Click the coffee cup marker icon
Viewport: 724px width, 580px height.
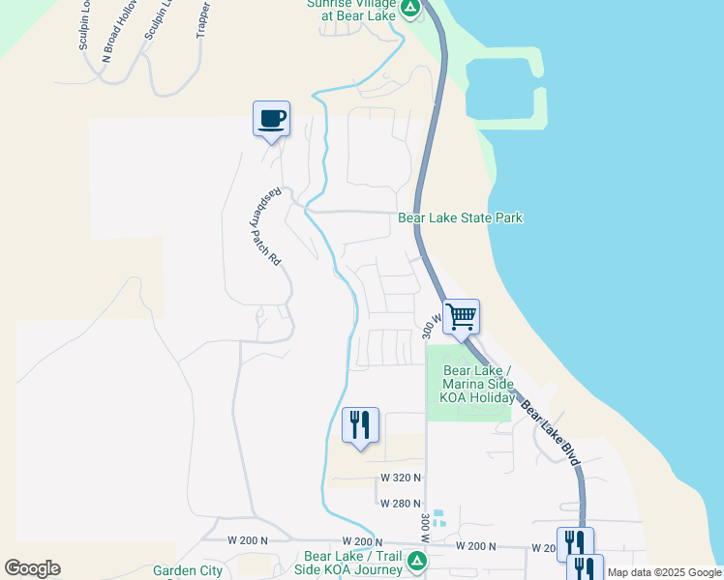coord(271,118)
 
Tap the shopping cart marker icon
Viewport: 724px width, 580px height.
coord(461,315)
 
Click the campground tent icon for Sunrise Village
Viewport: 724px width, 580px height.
coord(410,8)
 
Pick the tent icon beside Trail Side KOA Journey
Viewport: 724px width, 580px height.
coord(416,561)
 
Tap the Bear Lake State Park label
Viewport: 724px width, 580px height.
coord(461,217)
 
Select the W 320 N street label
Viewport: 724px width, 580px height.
coord(401,478)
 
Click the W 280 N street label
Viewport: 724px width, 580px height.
coord(401,504)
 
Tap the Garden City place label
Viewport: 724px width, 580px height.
coord(188,571)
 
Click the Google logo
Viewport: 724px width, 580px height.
coord(32,568)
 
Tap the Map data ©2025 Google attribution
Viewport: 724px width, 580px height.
coord(665,572)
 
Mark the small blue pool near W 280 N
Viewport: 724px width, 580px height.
coord(438,517)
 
